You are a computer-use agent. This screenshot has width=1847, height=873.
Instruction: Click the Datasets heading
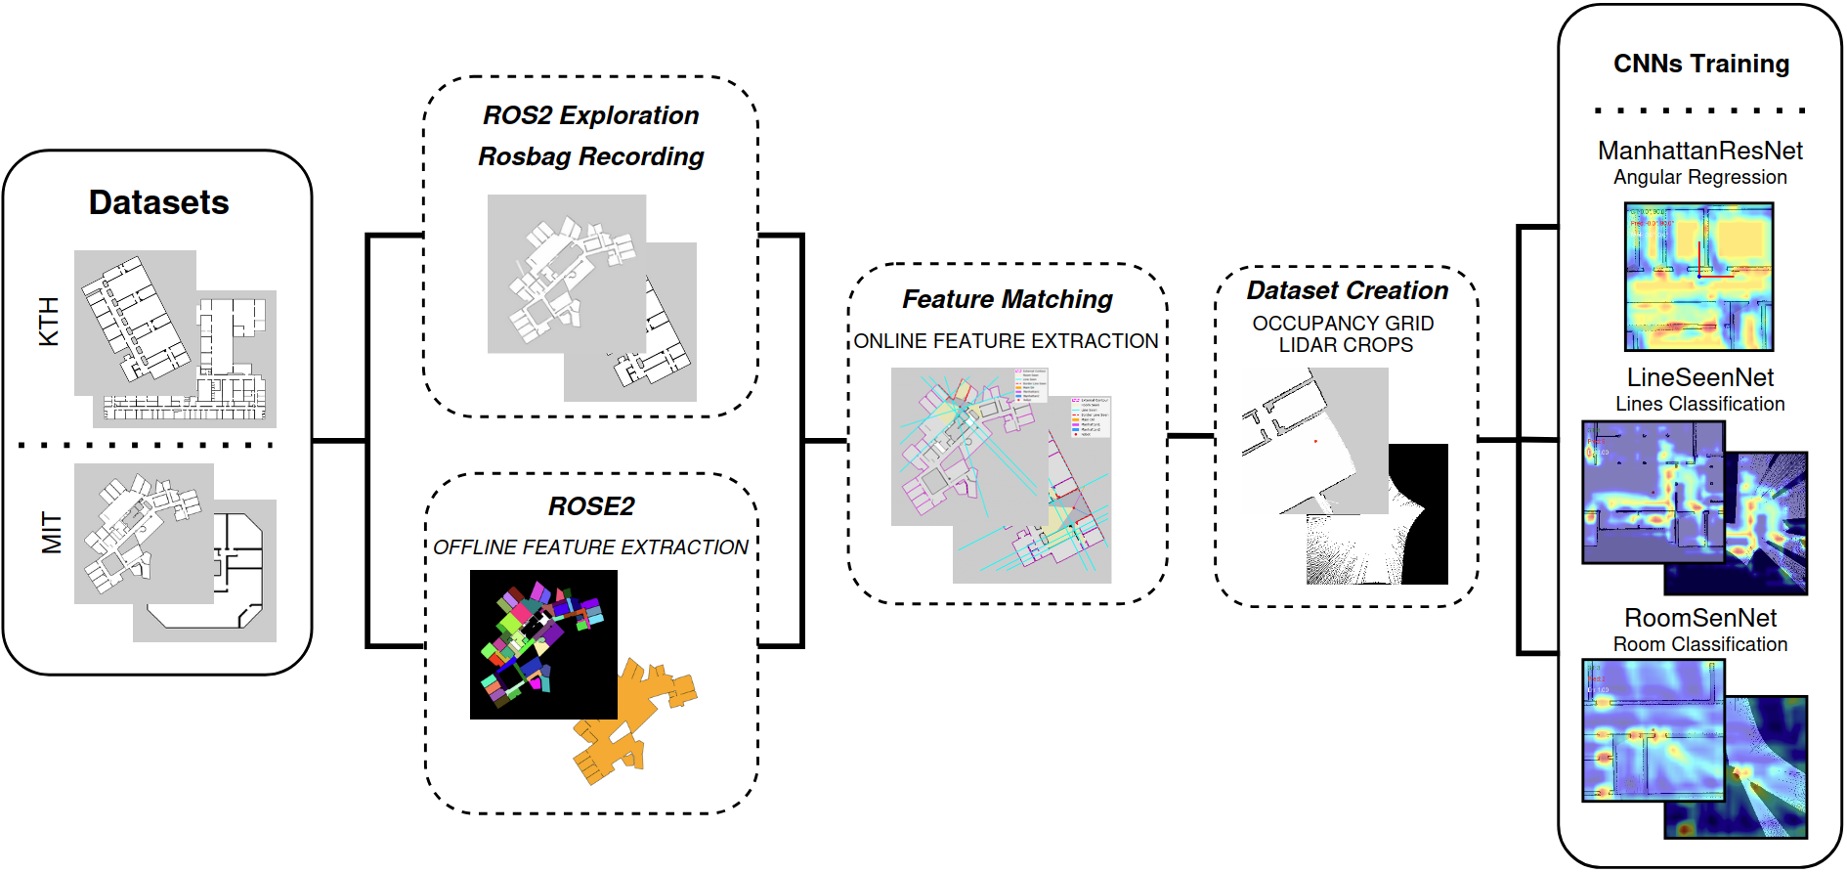pos(158,202)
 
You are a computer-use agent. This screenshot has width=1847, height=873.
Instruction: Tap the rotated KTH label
pos(48,322)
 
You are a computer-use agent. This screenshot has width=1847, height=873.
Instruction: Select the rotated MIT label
pos(50,533)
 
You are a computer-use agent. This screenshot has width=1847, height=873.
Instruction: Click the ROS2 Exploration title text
pos(590,115)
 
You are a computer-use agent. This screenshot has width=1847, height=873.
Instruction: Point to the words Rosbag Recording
pos(590,156)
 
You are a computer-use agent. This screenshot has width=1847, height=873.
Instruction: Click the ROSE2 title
pos(590,506)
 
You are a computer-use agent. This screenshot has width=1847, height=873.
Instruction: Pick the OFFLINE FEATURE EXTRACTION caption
pos(590,547)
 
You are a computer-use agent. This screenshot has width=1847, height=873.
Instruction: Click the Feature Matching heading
pos(1007,299)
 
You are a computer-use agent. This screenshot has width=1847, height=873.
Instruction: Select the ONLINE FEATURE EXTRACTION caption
pos(1006,341)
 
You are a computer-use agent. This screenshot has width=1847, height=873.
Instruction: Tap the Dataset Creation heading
pos(1347,290)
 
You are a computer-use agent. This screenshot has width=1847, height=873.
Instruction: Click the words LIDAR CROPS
pos(1346,345)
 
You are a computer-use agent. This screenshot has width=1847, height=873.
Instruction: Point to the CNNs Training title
pos(1700,65)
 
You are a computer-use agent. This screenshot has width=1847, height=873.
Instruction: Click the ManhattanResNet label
pos(1699,151)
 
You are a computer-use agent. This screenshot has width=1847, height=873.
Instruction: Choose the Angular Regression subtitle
pos(1699,177)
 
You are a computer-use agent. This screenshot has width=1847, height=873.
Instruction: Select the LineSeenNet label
pos(1699,377)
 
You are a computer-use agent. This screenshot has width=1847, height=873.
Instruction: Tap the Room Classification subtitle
pos(1699,644)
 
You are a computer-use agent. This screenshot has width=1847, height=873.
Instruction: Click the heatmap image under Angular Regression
pos(1698,277)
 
